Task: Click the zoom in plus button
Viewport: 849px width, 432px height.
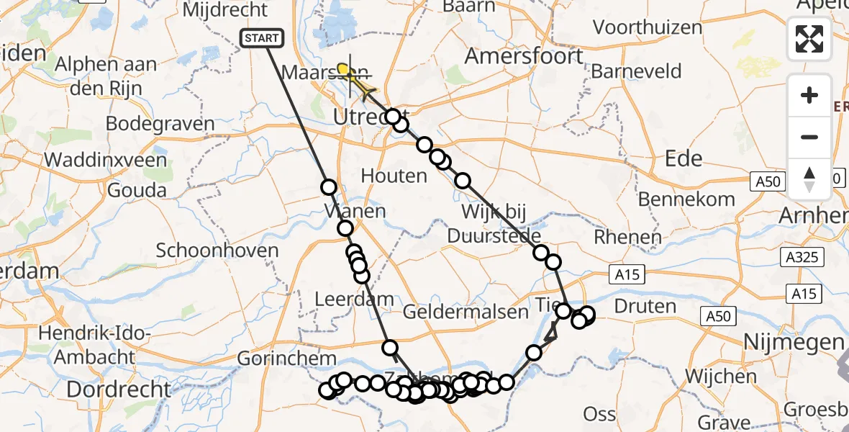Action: coord(809,95)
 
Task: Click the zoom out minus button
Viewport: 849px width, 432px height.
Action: coord(809,137)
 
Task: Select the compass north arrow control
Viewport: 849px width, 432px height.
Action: coord(809,179)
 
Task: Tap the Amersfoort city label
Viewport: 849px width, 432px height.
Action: coord(524,55)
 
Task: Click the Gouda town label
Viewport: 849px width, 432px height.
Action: coord(135,191)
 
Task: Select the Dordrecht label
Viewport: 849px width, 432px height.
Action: coord(119,390)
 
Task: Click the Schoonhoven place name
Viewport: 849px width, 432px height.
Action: coord(217,251)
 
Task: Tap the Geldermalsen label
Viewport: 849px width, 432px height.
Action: coord(466,312)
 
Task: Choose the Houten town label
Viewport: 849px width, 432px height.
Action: coord(394,176)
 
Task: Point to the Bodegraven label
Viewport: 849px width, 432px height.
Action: coord(160,124)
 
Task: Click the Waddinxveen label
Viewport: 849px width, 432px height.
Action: coord(105,160)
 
